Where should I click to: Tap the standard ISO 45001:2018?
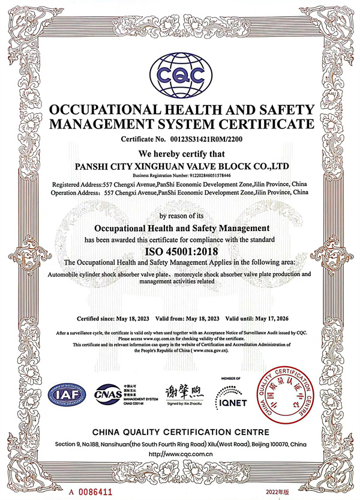click(180, 252)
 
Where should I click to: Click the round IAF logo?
click(67, 395)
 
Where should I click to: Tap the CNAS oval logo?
click(108, 395)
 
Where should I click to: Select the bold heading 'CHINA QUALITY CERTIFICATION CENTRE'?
click(180, 432)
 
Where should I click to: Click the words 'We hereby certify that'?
click(180, 152)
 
